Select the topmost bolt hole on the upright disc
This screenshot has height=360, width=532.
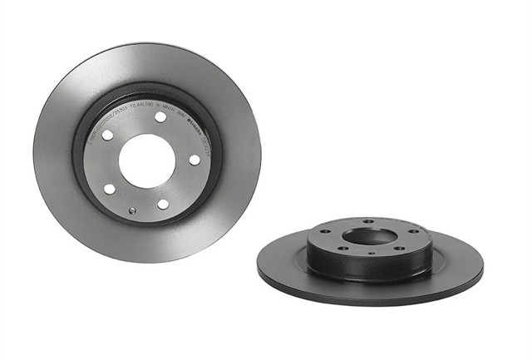pyautogui.click(x=160, y=117)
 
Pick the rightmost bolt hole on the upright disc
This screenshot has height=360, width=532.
pyautogui.click(x=195, y=160)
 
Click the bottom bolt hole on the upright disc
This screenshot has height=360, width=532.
pyautogui.click(x=164, y=204)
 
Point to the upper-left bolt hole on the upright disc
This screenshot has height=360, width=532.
pyautogui.click(x=106, y=135)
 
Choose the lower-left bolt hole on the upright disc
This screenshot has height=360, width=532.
pyautogui.click(x=109, y=189)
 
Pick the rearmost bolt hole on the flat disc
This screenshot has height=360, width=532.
pyautogui.click(x=369, y=222)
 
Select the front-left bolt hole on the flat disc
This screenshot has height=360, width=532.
pyautogui.click(x=342, y=247)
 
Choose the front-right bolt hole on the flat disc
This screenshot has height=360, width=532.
pyautogui.click(x=398, y=248)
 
